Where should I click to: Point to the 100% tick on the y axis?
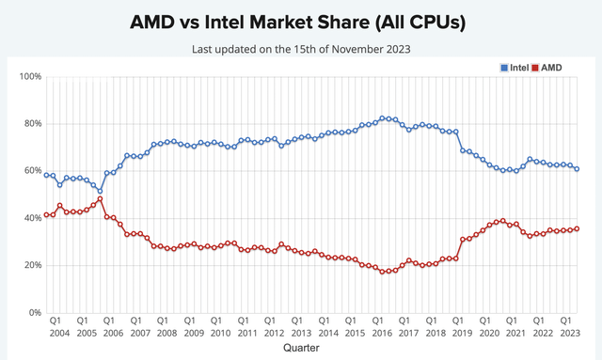[x=29, y=76]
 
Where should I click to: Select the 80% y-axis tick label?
[x=31, y=123]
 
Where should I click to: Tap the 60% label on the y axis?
[x=31, y=170]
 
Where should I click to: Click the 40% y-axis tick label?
[x=31, y=218]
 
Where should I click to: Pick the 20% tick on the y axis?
[x=31, y=265]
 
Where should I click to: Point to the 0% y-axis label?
[x=34, y=312]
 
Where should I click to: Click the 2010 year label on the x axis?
[x=218, y=333]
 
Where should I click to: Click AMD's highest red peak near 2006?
[x=100, y=198]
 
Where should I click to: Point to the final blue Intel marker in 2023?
[x=577, y=169]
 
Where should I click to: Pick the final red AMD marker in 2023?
[x=577, y=228]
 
